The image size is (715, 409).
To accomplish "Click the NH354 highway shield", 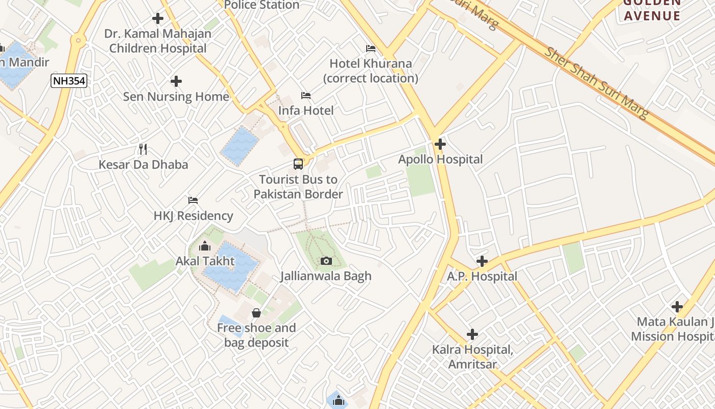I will point(68,80).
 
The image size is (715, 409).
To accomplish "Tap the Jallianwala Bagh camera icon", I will point(326,261).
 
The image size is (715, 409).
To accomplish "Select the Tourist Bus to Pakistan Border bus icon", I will point(298,164).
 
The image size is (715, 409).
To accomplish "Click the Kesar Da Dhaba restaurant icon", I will point(143,149).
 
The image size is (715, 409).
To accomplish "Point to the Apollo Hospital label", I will point(440,160).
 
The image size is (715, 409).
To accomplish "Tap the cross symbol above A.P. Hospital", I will point(482,262).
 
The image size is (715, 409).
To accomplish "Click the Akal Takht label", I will point(205,261).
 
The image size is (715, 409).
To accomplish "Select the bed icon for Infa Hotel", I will point(306,96).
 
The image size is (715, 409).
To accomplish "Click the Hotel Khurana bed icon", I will point(371,49).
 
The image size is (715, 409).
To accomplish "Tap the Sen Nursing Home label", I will point(176,97).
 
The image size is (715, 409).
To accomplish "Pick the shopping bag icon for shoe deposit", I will point(256,312).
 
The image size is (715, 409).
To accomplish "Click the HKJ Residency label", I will point(193,216).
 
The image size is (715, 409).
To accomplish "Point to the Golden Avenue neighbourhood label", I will point(652,9).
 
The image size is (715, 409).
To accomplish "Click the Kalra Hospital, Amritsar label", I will point(472,357).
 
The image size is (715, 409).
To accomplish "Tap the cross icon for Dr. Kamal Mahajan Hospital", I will point(158,19).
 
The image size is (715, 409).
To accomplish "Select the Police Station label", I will point(261,5).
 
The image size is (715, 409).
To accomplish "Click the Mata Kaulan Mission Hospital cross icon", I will point(677,307).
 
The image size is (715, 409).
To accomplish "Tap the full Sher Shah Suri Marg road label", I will point(595,83).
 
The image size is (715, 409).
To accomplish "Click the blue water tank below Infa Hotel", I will point(240,146).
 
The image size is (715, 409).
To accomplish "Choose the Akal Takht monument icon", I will point(205,246).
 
